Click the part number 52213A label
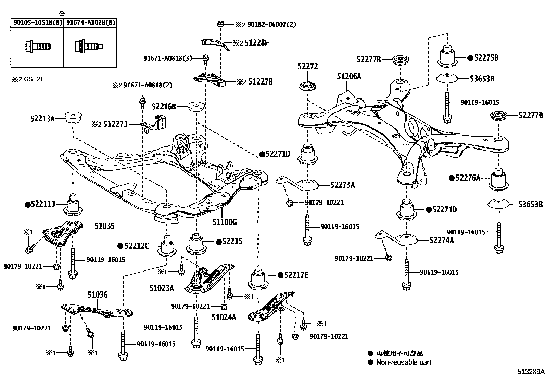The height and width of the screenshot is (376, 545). [x=42, y=119]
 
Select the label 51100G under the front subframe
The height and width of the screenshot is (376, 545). [x=224, y=222]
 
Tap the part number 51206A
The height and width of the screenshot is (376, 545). [x=348, y=76]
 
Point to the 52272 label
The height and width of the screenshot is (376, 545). [x=307, y=66]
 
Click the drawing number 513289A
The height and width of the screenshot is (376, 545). [x=530, y=371]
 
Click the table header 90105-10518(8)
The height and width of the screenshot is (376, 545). [x=37, y=23]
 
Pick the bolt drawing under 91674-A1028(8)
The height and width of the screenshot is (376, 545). [x=88, y=46]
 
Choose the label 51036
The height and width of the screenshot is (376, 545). [x=97, y=294]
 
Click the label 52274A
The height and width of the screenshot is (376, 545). [x=441, y=240]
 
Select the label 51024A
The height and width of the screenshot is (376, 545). [x=224, y=317]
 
